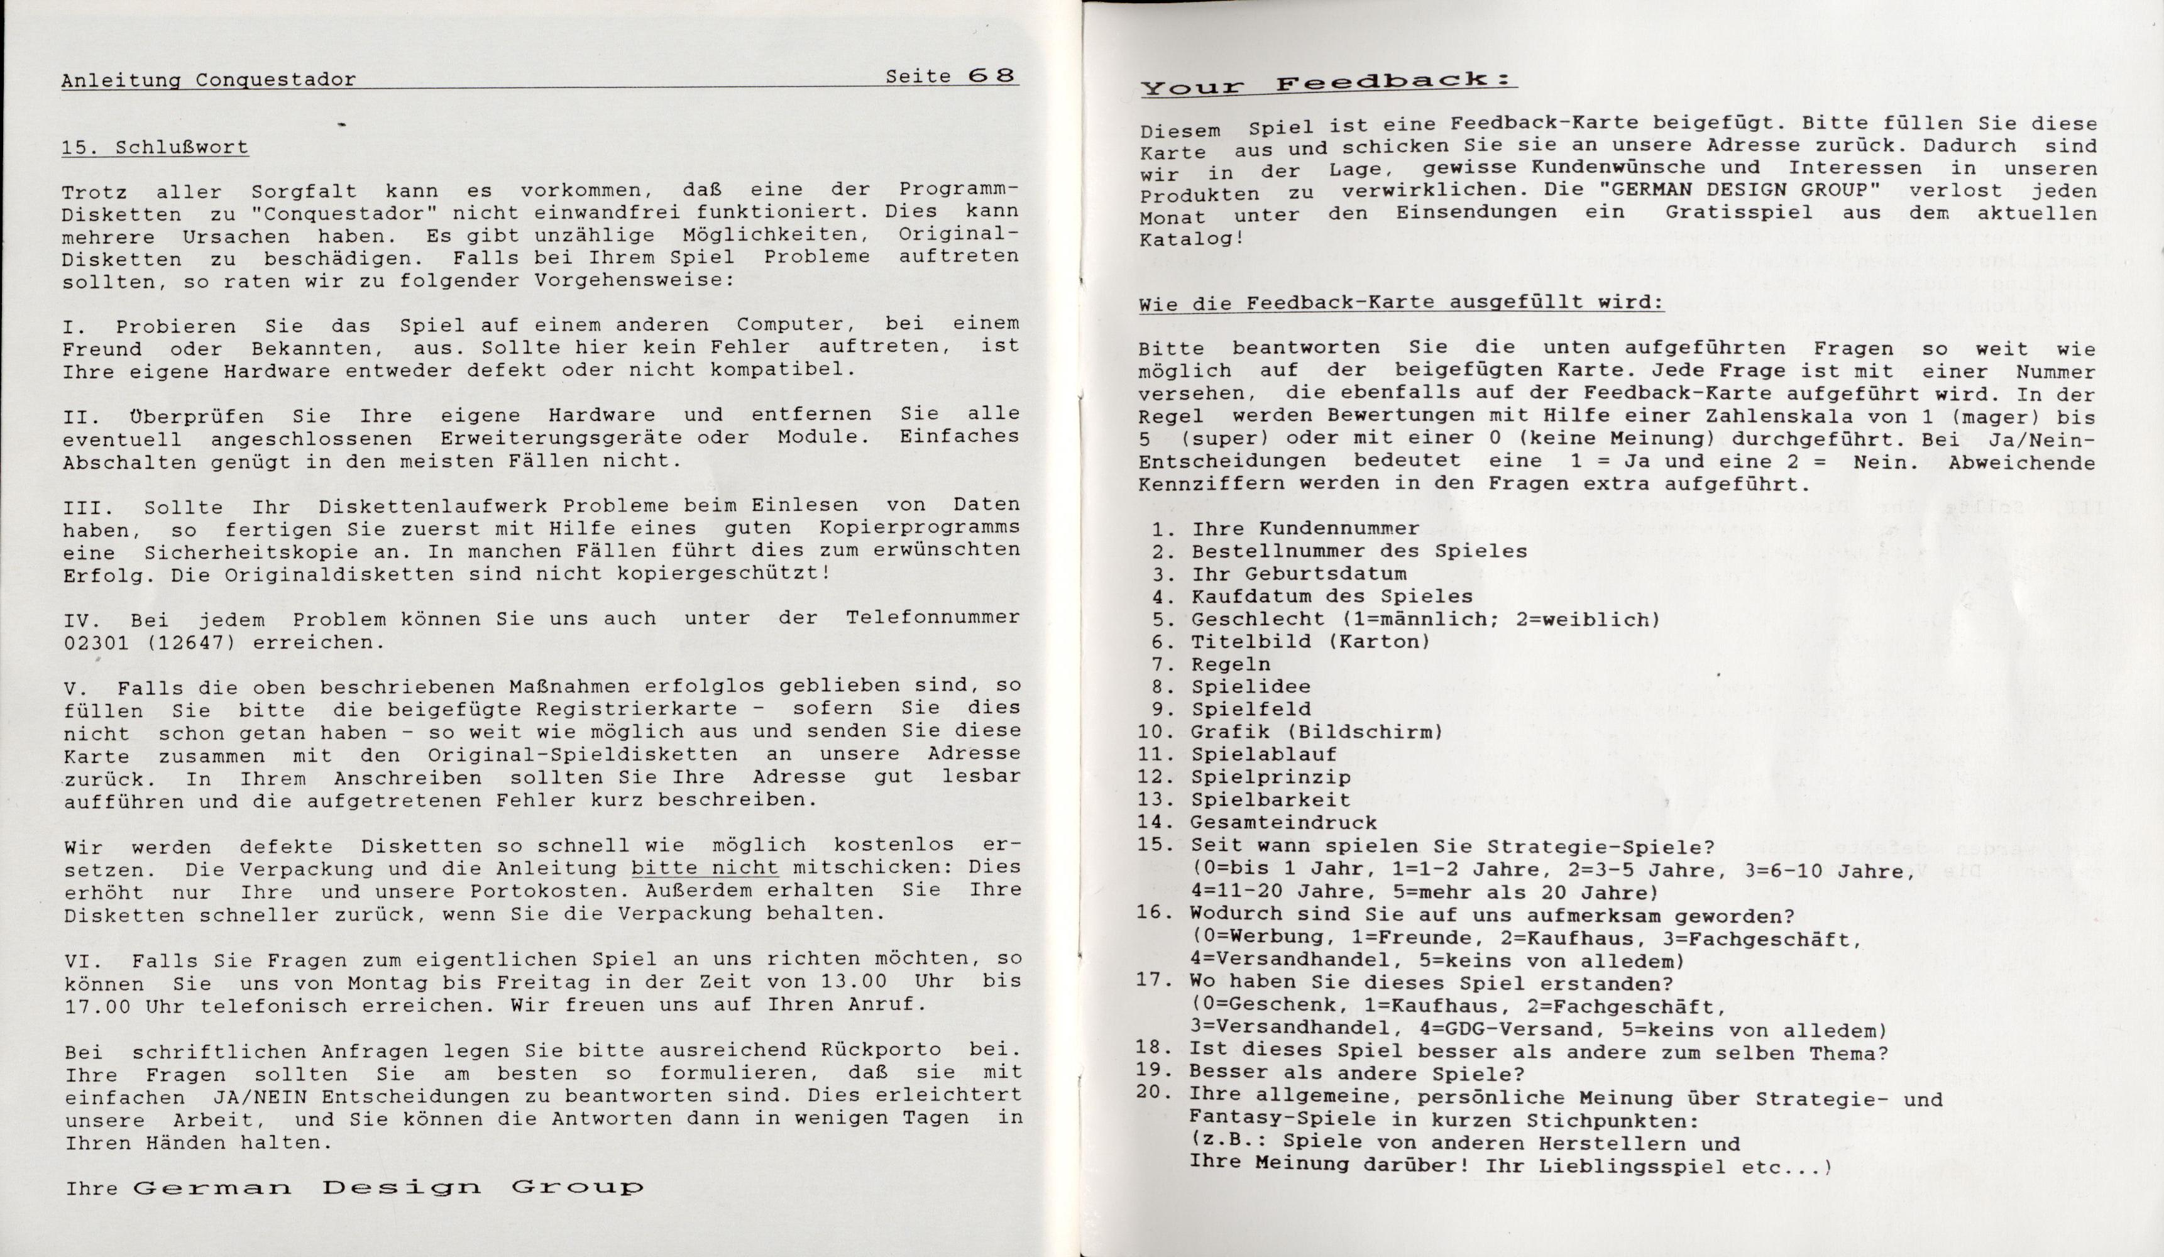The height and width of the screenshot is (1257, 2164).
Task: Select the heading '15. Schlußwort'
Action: [155, 148]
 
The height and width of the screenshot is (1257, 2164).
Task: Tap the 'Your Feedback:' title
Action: [1327, 84]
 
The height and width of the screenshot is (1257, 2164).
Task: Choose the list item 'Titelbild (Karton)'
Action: [1310, 641]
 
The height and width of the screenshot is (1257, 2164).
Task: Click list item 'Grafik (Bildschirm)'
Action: [1315, 732]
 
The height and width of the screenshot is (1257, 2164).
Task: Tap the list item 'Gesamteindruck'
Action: [1284, 821]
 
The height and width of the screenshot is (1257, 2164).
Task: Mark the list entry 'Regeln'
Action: [1231, 664]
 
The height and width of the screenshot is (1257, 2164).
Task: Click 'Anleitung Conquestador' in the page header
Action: [209, 80]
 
